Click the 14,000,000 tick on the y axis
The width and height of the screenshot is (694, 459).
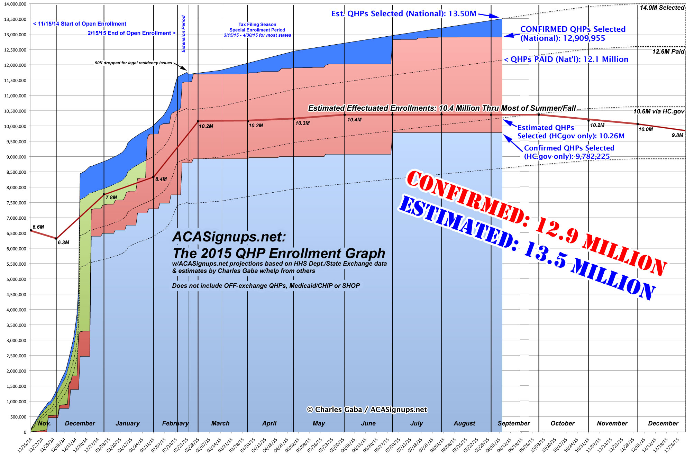click(15, 4)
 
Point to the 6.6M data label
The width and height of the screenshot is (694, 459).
click(38, 227)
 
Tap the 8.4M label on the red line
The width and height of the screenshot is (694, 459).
click(161, 179)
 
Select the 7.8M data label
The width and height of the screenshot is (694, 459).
click(111, 198)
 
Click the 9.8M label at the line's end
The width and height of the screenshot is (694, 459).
click(677, 135)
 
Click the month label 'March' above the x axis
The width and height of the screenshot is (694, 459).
click(220, 423)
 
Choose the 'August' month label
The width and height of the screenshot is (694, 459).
click(464, 423)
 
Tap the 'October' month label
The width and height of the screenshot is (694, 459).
click(563, 423)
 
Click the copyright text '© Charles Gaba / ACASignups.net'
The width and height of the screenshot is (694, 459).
click(367, 410)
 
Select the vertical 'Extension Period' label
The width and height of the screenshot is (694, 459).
click(184, 34)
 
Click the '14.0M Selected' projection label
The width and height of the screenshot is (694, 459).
click(662, 8)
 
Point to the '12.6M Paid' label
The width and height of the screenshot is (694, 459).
click(668, 52)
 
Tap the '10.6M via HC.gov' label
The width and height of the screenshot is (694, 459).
click(659, 111)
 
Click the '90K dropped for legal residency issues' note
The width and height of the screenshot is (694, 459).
click(134, 63)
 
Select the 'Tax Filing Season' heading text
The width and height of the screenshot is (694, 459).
click(257, 25)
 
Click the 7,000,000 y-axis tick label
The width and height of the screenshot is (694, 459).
click(15, 218)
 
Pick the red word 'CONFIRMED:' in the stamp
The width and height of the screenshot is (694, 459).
click(467, 197)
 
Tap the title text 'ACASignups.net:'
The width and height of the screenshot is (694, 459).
click(229, 237)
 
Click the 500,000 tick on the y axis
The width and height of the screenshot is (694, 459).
click(16, 417)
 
